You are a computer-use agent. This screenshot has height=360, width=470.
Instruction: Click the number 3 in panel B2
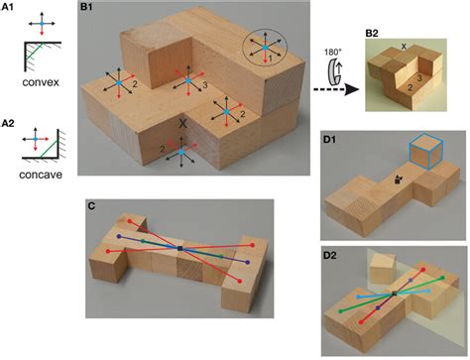pos(419,77)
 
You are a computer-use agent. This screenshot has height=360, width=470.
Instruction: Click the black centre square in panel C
pos(179,247)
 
